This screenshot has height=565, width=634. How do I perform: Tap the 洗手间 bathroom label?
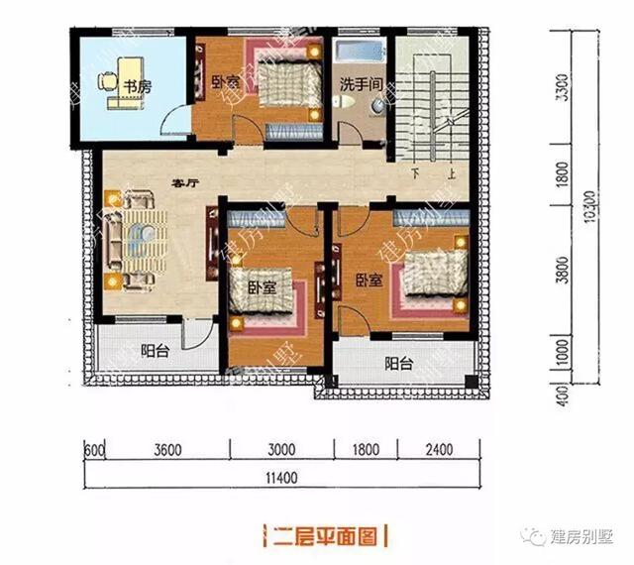point(361,84)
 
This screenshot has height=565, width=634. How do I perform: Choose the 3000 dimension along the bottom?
point(283,450)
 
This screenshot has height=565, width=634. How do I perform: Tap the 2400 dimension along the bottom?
point(437,450)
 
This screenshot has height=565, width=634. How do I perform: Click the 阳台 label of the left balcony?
point(154,349)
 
